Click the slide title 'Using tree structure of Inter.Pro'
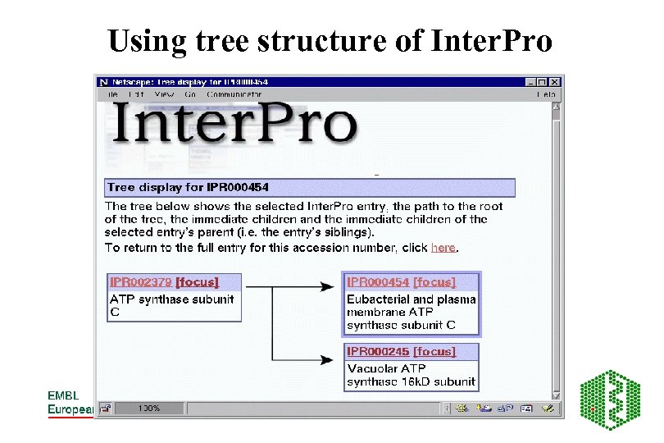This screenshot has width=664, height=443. click(x=330, y=40)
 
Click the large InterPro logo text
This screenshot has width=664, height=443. click(x=234, y=126)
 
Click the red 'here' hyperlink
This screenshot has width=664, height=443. click(x=443, y=247)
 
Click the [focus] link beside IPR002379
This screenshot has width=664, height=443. click(x=198, y=282)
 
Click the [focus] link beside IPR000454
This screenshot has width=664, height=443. click(x=434, y=282)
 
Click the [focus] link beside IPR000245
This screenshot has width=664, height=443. click(x=434, y=351)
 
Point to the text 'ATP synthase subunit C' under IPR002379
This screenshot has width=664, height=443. click(x=171, y=305)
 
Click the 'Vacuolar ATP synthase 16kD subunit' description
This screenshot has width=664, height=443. click(x=410, y=376)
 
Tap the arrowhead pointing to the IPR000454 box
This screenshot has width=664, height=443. click(x=321, y=286)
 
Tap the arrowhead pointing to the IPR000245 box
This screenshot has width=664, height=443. click(x=321, y=359)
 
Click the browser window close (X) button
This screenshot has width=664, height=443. click(x=555, y=82)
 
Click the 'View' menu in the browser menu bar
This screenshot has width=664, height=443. click(x=164, y=94)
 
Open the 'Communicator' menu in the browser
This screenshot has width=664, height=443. click(x=234, y=94)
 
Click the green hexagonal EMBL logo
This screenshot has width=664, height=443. click(x=611, y=400)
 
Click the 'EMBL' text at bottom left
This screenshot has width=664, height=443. click(x=63, y=395)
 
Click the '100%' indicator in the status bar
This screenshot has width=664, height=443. click(x=149, y=408)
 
